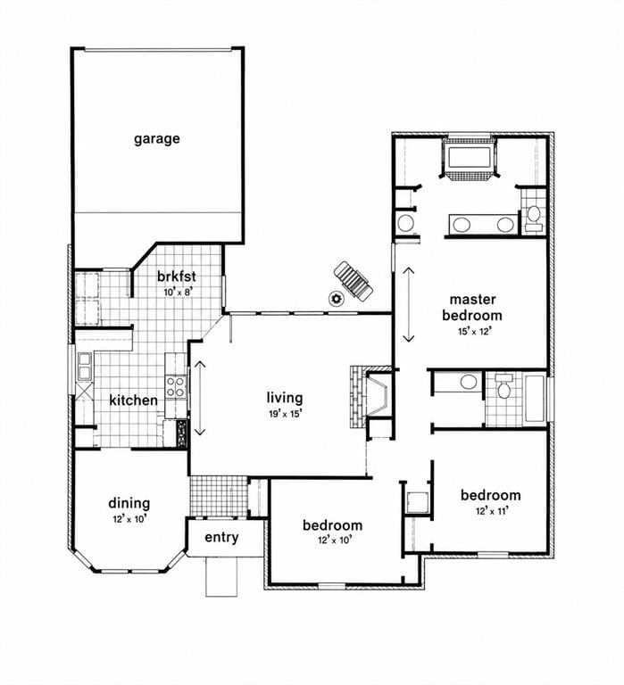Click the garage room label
pyautogui.click(x=156, y=139)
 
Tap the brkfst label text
pyautogui.click(x=176, y=276)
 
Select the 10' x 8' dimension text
pyautogui.click(x=178, y=292)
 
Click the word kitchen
pyautogui.click(x=133, y=400)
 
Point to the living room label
pyautogui.click(x=285, y=398)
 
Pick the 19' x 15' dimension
pyautogui.click(x=285, y=413)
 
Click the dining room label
pyautogui.click(x=129, y=504)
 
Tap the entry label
pyautogui.click(x=221, y=537)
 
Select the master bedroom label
pyautogui.click(x=472, y=307)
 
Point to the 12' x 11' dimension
pyautogui.click(x=492, y=511)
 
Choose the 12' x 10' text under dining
pyautogui.click(x=129, y=519)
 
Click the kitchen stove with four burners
pyautogui.click(x=176, y=386)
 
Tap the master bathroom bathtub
pyautogui.click(x=469, y=158)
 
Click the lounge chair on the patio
pyautogui.click(x=354, y=281)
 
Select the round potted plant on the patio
pyautogui.click(x=337, y=299)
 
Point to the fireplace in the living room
pyautogui.click(x=370, y=397)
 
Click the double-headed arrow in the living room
pyautogui.click(x=200, y=398)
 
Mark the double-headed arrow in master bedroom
pyautogui.click(x=409, y=304)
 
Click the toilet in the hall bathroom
pyautogui.click(x=504, y=386)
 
